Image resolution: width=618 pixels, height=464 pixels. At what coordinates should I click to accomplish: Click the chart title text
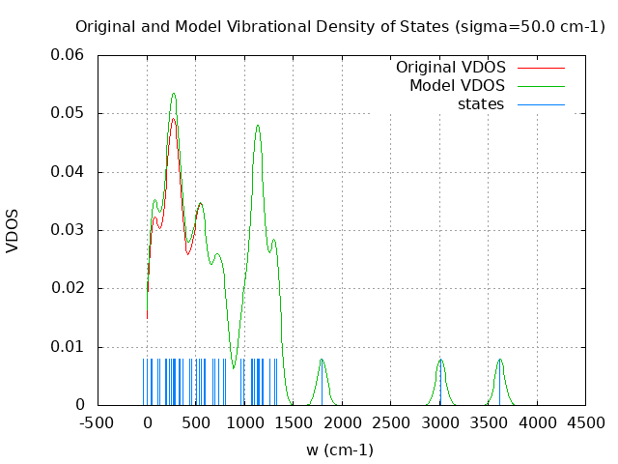[340, 26]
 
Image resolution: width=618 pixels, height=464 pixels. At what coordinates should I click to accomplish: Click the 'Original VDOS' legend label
[450, 68]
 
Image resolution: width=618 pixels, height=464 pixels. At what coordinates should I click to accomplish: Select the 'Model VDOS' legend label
[457, 86]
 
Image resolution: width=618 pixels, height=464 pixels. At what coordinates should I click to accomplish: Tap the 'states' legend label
[481, 104]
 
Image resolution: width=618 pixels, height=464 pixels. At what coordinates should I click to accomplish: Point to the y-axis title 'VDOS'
[13, 230]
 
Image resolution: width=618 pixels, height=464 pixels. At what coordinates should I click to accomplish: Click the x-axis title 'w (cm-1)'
[340, 449]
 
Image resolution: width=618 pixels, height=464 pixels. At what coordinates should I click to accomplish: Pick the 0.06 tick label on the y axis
[68, 55]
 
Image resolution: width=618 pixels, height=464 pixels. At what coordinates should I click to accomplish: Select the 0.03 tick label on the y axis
[68, 230]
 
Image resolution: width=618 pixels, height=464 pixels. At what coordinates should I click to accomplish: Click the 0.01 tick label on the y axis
[68, 346]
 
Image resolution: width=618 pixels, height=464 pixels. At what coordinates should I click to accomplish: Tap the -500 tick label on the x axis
[98, 422]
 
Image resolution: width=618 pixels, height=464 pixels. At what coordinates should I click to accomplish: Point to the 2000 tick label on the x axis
[342, 422]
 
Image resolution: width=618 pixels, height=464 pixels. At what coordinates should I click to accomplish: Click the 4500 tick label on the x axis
[585, 422]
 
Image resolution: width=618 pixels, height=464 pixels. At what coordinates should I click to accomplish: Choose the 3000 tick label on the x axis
[439, 422]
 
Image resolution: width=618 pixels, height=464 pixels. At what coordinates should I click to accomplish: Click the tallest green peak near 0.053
[174, 94]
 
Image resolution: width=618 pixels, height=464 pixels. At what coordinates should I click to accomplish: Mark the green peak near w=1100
[258, 125]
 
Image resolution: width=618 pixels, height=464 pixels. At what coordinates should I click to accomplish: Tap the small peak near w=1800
[322, 360]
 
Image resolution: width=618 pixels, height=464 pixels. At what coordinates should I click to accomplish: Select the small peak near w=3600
[499, 360]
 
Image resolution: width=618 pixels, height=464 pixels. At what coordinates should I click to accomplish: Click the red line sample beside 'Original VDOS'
[541, 68]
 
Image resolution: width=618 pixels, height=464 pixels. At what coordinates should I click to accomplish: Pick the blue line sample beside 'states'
[541, 104]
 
